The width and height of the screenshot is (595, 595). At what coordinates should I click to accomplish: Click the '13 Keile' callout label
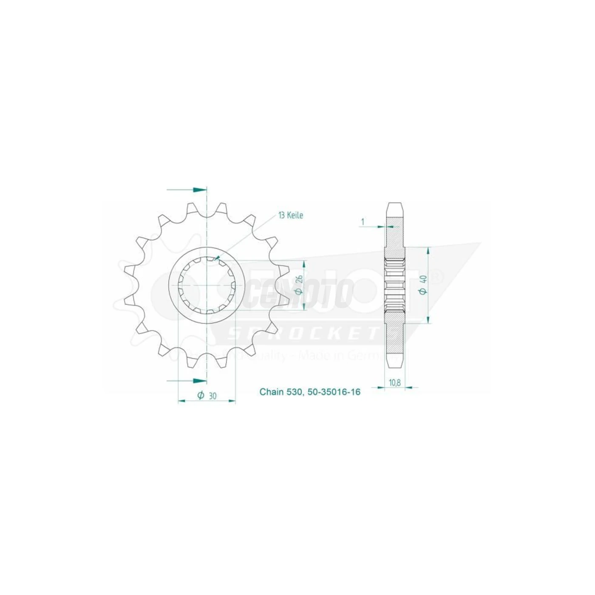291,215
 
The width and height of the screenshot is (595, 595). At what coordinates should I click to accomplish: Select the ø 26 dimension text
299,285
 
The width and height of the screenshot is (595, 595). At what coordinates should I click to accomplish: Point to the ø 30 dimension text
207,396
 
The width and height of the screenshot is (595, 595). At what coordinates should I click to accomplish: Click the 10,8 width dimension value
395,382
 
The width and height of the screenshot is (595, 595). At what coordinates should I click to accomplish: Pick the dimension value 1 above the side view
363,221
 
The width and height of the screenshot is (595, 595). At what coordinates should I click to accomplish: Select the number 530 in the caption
295,392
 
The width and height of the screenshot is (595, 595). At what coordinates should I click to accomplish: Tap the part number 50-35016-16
334,392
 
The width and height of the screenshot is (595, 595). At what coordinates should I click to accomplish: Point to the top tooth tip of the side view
395,204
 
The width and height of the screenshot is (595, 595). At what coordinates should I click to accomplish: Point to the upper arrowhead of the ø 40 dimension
428,249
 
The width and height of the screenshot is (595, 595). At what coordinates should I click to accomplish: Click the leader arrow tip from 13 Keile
216,258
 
